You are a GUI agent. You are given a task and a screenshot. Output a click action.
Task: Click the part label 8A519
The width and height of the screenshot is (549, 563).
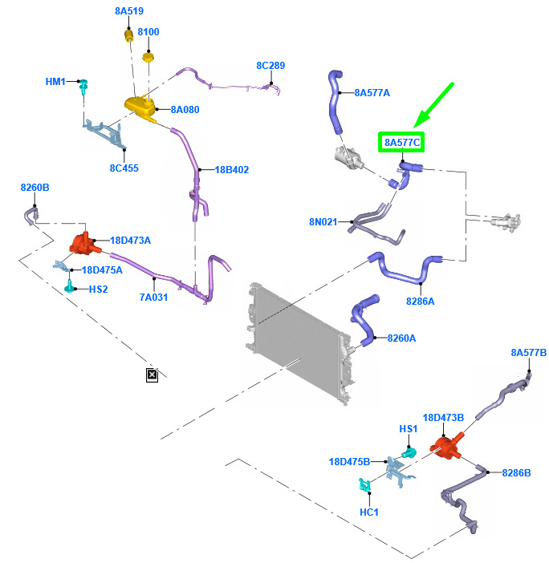(129, 11)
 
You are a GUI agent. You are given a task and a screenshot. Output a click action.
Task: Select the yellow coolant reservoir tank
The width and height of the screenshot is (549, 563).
(140, 107)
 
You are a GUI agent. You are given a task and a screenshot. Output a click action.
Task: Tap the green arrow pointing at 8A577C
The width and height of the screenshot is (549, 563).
(433, 105)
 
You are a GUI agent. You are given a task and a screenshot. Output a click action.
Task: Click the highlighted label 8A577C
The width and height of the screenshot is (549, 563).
(401, 142)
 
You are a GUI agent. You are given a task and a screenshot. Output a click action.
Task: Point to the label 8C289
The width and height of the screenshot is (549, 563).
(270, 66)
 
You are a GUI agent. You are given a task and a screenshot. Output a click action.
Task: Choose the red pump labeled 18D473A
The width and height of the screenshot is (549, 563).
(84, 244)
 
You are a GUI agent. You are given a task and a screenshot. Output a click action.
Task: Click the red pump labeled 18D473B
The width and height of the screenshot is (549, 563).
(446, 446)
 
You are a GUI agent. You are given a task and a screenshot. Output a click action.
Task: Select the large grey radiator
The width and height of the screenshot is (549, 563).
(299, 343)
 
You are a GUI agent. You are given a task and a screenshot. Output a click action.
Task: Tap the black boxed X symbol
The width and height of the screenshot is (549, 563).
(152, 375)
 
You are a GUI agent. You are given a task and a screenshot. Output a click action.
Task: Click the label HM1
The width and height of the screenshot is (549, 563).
(55, 82)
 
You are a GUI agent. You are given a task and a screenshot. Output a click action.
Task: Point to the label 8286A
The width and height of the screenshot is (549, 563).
(420, 302)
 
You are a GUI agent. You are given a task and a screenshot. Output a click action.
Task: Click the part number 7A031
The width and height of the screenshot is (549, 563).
(153, 298)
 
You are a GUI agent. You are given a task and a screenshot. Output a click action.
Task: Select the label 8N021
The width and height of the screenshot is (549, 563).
(323, 222)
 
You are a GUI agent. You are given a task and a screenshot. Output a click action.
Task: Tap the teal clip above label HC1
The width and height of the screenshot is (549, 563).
(364, 484)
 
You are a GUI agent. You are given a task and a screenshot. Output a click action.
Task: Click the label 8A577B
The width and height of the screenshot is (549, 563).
(528, 353)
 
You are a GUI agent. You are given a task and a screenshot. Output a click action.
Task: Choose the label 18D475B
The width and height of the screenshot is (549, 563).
(349, 461)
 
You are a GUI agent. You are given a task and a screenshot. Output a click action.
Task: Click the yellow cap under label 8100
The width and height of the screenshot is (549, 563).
(148, 57)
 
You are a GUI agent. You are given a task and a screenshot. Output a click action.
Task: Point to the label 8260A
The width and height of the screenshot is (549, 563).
(401, 338)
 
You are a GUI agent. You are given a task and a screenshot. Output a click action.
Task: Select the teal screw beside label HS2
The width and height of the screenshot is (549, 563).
(69, 287)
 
